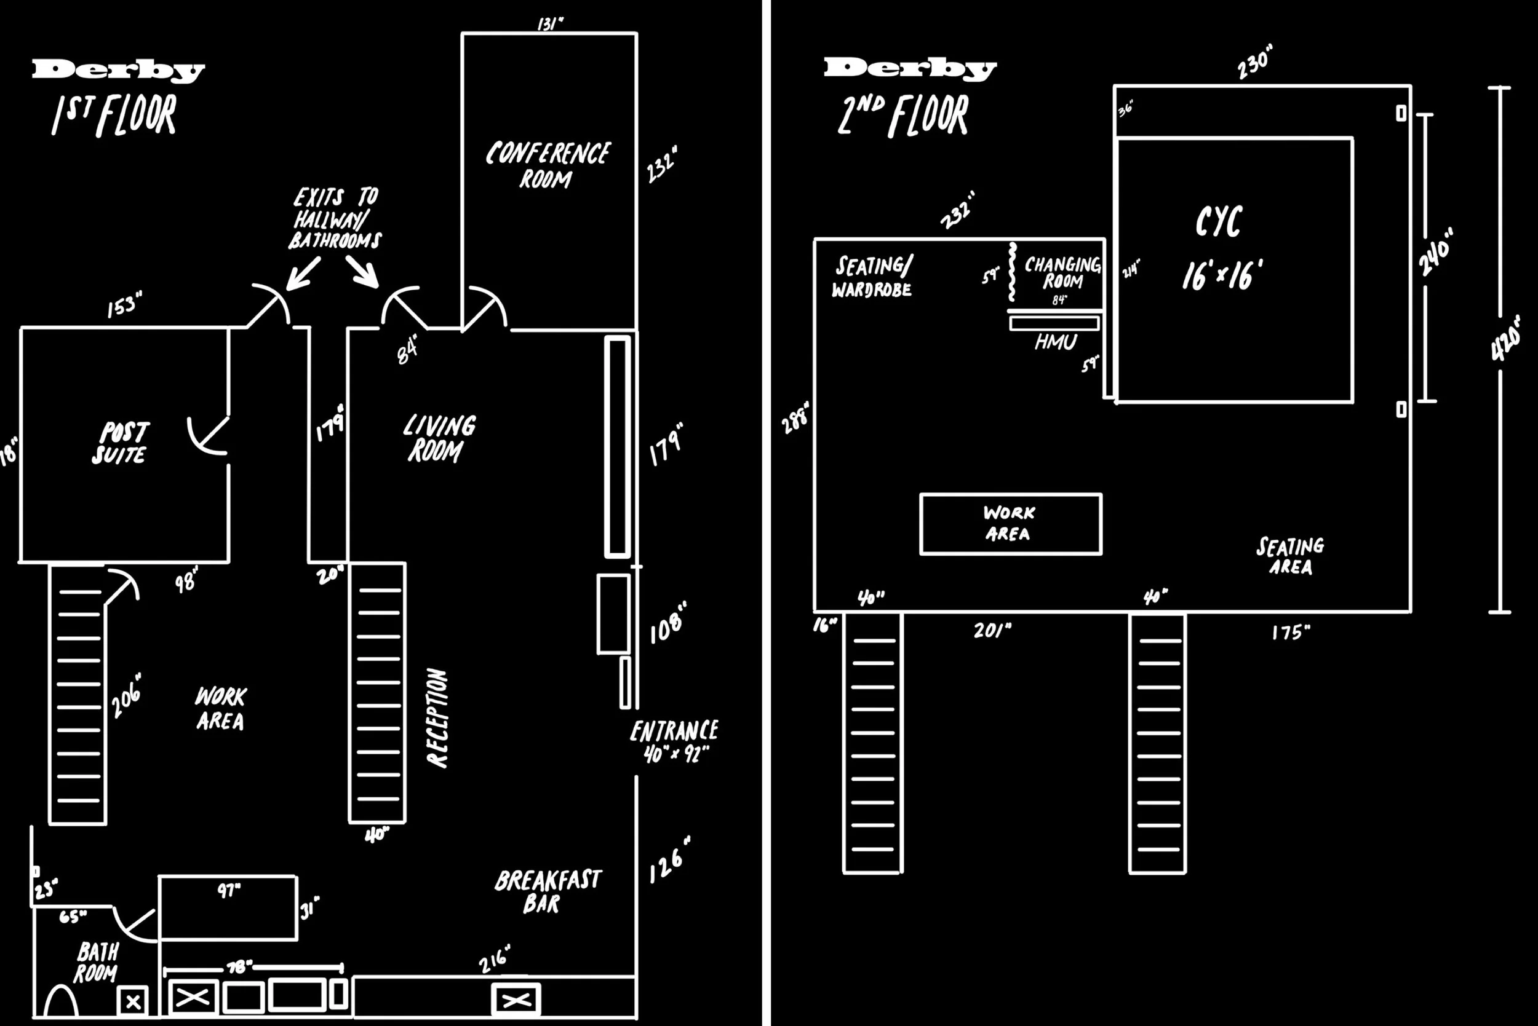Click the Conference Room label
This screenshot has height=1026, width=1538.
(x=548, y=165)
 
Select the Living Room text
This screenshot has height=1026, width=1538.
(x=438, y=438)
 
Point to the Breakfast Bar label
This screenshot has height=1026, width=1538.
(x=547, y=891)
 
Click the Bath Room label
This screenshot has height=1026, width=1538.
(x=97, y=962)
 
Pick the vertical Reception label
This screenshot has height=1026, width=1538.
(x=437, y=717)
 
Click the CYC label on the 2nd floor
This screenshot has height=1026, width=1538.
(x=1219, y=223)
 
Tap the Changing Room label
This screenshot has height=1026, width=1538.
(x=1062, y=273)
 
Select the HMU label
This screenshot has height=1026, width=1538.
(x=1055, y=342)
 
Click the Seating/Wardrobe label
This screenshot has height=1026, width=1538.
(x=872, y=277)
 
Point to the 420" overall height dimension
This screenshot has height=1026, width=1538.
(x=1506, y=338)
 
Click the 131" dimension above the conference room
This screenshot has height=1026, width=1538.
(x=550, y=24)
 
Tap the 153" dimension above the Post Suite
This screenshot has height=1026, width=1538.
(x=124, y=305)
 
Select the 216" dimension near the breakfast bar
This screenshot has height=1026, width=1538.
(x=493, y=959)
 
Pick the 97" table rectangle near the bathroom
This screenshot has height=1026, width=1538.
(x=227, y=907)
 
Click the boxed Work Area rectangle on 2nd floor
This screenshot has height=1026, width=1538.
(x=1010, y=524)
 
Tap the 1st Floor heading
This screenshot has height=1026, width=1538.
(x=115, y=115)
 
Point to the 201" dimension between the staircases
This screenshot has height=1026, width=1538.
(x=992, y=631)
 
